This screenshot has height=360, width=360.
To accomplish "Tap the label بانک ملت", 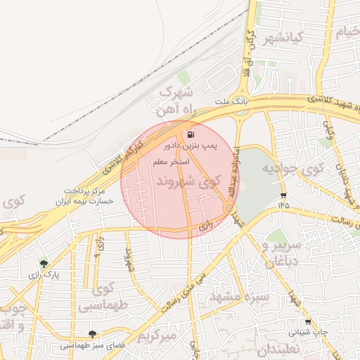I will (x=232, y=103).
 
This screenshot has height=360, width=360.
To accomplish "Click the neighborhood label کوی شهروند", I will (x=188, y=182).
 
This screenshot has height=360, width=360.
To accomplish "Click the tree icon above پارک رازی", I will (x=44, y=264).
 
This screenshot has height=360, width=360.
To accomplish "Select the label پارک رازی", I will (x=44, y=275).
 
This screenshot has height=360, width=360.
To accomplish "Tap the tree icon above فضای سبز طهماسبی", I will (x=93, y=334).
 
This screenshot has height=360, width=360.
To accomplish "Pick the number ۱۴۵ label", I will (x=283, y=205).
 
